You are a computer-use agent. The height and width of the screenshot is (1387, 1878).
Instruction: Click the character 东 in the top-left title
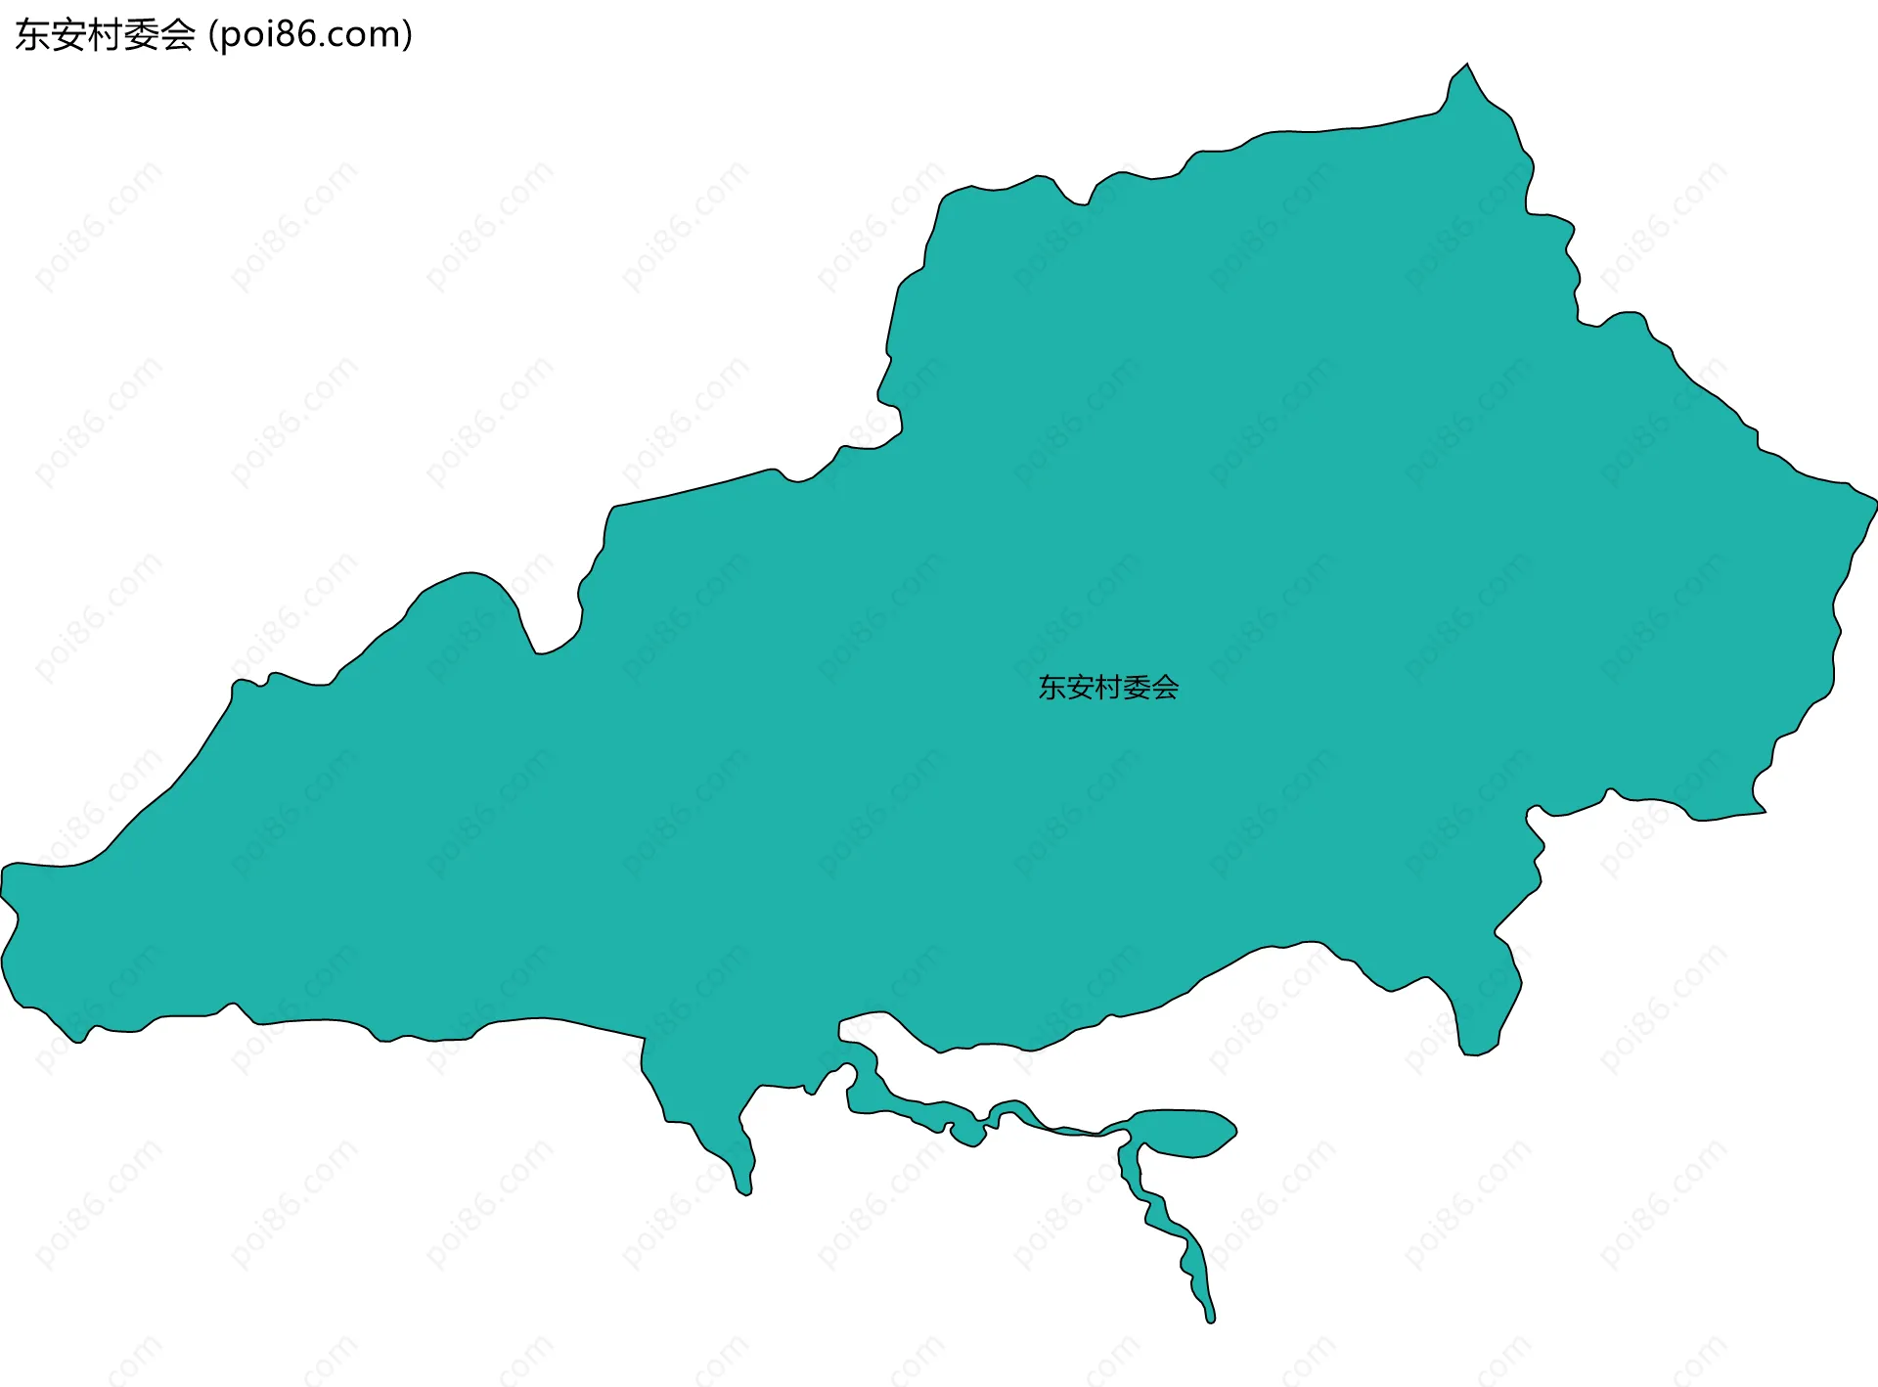click(x=33, y=35)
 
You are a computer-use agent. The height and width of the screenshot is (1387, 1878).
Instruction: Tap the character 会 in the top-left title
click(x=178, y=35)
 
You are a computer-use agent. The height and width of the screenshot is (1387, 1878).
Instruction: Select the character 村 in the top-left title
click(x=106, y=35)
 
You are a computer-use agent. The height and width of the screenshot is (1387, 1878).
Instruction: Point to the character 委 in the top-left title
click(x=142, y=35)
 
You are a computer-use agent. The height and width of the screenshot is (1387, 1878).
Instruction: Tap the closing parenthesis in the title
click(x=407, y=35)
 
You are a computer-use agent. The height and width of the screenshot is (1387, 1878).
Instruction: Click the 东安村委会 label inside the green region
click(x=1108, y=688)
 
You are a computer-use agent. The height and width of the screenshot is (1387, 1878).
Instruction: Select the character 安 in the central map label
click(x=1080, y=688)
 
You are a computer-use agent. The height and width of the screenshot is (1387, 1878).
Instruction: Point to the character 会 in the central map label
click(x=1165, y=688)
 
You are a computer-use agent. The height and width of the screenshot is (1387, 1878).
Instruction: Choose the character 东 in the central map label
click(x=1051, y=688)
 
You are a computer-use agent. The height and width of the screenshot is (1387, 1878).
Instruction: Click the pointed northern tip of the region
click(x=1466, y=67)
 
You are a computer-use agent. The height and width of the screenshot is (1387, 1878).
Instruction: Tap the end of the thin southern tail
click(x=1210, y=1319)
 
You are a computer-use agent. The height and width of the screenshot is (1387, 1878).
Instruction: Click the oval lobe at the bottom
click(x=1185, y=1133)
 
